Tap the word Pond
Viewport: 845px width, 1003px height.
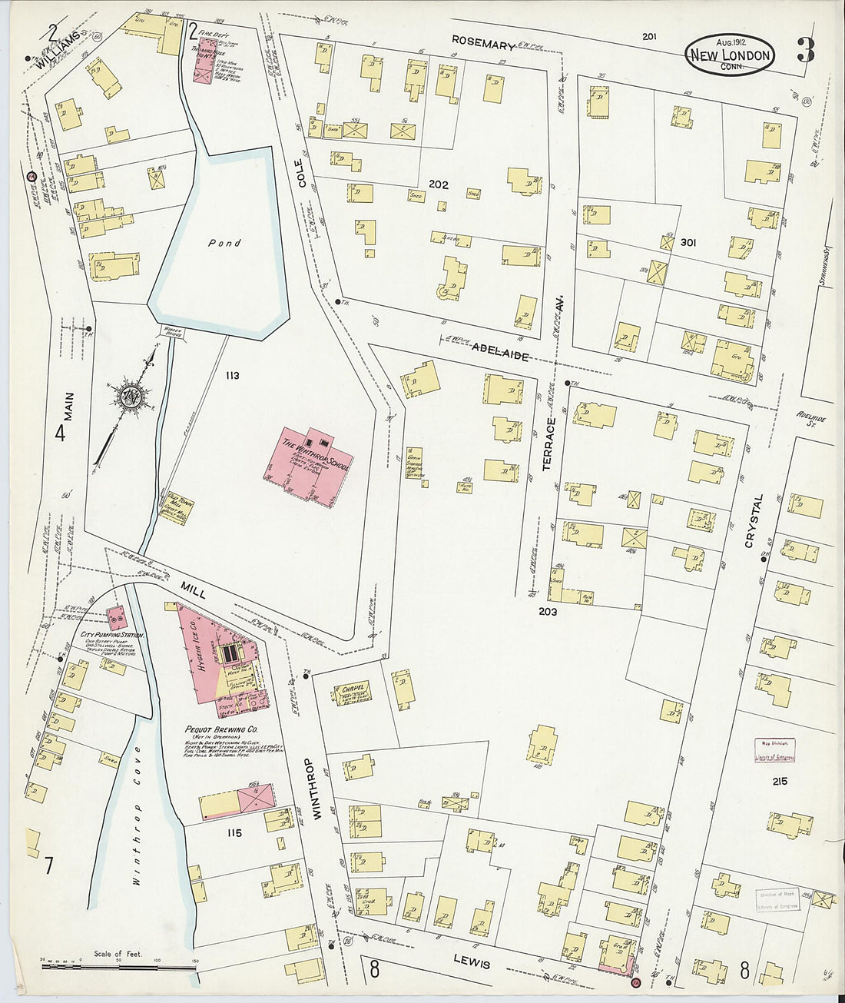(224, 243)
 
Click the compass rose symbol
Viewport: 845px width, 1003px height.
(129, 396)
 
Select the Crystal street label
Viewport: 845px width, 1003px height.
(754, 521)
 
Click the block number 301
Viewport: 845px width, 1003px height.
(688, 243)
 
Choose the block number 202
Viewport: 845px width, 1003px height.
(439, 184)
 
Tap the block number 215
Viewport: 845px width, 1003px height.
(781, 782)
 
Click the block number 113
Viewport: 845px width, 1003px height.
(233, 376)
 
